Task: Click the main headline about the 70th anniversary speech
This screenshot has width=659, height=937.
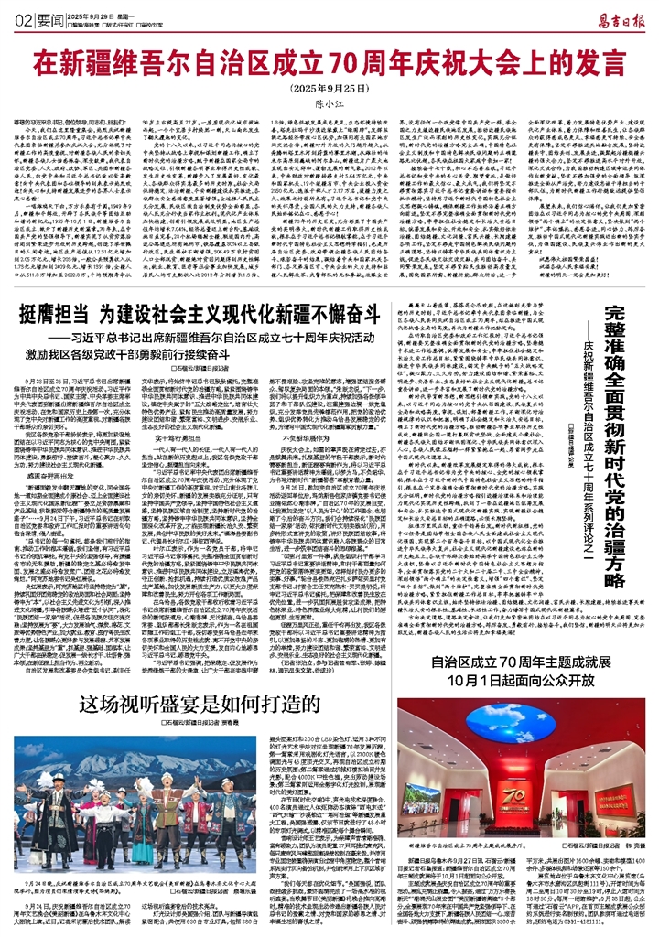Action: pos(329,65)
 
